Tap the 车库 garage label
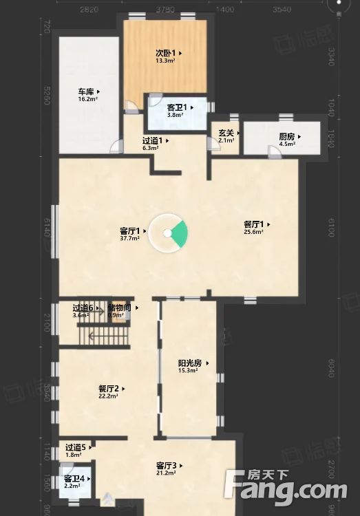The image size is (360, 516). (87, 92)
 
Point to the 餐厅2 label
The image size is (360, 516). (111, 389)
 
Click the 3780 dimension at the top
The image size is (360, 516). (164, 10)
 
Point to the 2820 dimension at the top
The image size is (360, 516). (89, 10)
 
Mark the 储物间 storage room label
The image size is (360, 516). (120, 308)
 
